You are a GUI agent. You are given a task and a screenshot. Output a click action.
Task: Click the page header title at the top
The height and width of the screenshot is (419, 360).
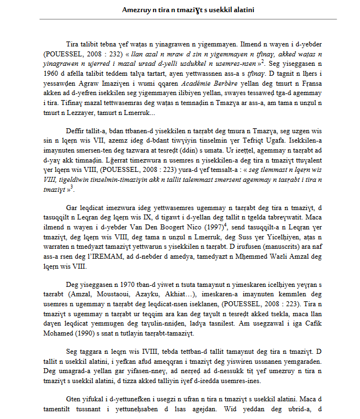click(179, 11)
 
